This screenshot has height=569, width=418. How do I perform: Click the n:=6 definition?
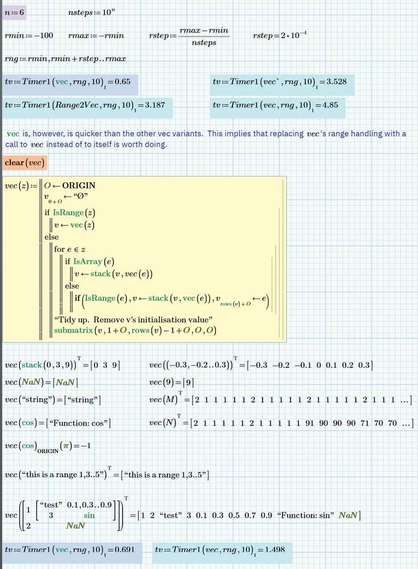point(14,13)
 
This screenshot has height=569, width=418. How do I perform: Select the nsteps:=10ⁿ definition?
point(92,12)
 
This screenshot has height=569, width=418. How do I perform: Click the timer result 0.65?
point(122,81)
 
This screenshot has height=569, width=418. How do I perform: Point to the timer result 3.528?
point(337,81)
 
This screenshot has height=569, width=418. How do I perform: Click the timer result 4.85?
point(330,105)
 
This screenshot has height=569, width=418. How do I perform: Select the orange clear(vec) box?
point(24,162)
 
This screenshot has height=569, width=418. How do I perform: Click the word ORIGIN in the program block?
point(79,186)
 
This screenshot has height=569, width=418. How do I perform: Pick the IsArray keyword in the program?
point(88,261)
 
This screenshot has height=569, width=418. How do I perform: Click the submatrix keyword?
point(73,330)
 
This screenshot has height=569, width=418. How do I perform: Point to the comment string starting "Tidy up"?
point(133,320)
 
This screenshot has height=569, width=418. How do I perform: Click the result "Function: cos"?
point(78,423)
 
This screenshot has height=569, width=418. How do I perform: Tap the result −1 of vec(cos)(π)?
point(86,445)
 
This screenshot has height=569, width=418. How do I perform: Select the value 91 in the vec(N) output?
point(309,423)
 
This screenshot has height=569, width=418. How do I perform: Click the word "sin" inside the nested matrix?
point(89,515)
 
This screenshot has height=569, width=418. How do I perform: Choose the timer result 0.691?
point(125,550)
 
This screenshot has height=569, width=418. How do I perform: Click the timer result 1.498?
point(274,550)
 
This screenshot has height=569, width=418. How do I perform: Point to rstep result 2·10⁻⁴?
point(293,35)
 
